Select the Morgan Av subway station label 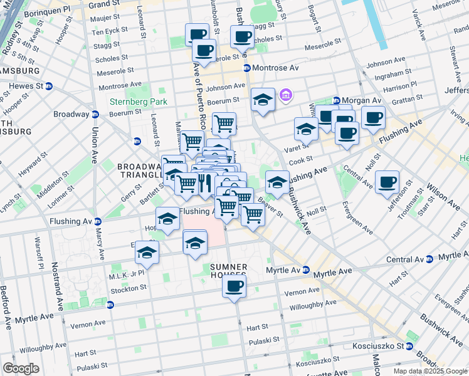coord(357,100)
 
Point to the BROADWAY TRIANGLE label coord(140,171)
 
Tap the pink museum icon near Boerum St coord(287,95)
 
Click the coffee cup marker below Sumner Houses coord(234,287)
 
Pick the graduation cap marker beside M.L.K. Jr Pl coord(147,253)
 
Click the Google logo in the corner coord(21,368)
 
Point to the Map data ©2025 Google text coord(430,371)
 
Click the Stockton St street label coord(128,288)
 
